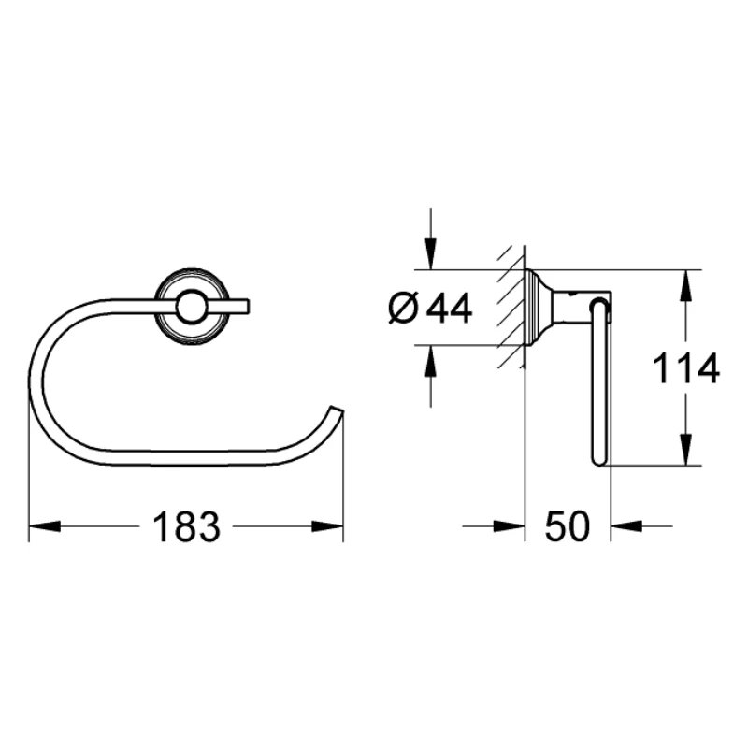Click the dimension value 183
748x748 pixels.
click(x=185, y=527)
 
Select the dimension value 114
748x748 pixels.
click(x=685, y=368)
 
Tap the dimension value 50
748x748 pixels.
click(x=567, y=527)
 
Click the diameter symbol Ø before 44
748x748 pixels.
click(x=401, y=308)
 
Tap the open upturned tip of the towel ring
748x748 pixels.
click(x=336, y=412)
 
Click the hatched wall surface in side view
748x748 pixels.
click(x=511, y=308)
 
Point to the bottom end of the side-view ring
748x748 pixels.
click(x=598, y=458)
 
